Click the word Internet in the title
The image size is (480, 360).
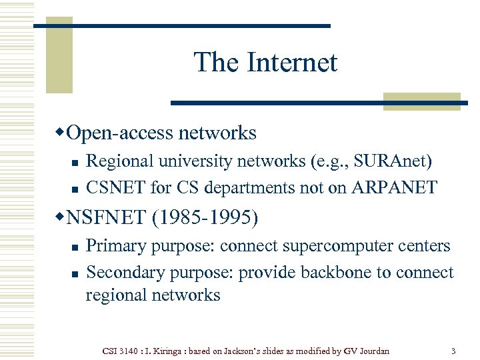[x=293, y=63]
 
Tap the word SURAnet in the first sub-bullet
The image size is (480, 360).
[x=391, y=161]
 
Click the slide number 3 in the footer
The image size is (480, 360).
[x=453, y=350]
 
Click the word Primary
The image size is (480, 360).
[x=117, y=246]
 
